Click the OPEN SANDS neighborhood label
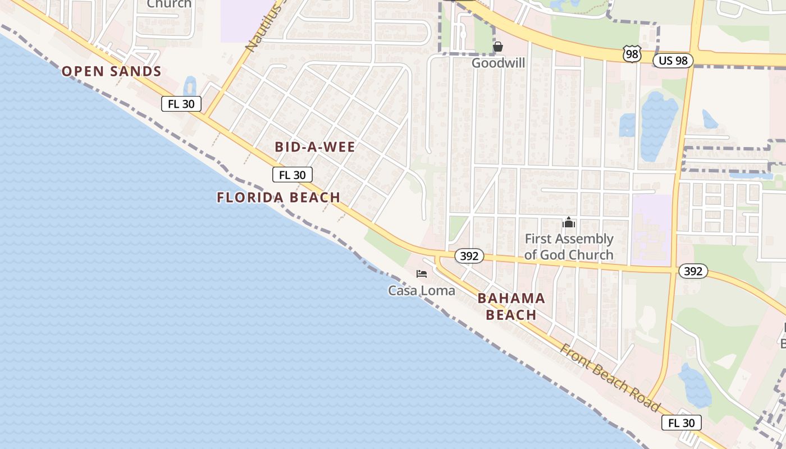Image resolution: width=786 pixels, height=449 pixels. point(112,71)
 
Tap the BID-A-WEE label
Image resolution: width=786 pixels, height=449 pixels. point(315,147)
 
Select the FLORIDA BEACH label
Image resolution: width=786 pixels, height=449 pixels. point(278,198)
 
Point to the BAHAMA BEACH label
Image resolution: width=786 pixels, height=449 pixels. point(511,306)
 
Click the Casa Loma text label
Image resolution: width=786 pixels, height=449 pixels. point(422,291)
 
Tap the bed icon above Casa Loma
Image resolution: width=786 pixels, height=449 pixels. point(422,274)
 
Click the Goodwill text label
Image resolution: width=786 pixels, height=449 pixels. point(498,63)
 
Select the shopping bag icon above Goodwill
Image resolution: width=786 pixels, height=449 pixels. point(498,47)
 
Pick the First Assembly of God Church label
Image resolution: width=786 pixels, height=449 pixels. point(569,247)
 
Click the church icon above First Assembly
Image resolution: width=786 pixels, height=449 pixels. point(569,223)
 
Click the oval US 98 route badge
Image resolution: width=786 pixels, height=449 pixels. point(673,61)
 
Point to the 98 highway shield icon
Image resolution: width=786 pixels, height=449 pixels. point(632,54)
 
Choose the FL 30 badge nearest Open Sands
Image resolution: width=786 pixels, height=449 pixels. point(181,104)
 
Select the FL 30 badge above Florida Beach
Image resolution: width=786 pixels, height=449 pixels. point(293,175)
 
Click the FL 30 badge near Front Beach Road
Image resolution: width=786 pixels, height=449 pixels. point(682,423)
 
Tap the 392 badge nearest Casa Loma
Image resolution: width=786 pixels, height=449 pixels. point(469,256)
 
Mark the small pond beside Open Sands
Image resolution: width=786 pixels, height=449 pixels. point(190,86)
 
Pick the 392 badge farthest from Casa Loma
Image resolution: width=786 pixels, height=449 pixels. point(693,272)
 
